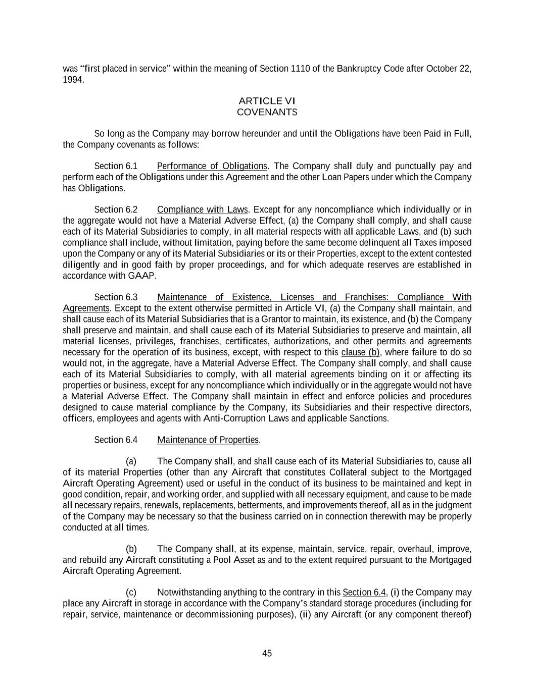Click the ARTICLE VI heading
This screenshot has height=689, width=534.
tap(267, 101)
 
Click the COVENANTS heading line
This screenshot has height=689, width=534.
tap(267, 112)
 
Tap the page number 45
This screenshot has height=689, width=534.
tap(267, 653)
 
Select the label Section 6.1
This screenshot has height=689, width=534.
tap(116, 166)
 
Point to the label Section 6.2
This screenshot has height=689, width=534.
tap(116, 209)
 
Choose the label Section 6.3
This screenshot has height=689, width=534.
tap(116, 297)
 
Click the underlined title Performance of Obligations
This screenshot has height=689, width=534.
tap(212, 166)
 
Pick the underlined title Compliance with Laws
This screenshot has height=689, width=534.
tap(203, 209)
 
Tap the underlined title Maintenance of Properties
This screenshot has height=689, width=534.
tap(208, 440)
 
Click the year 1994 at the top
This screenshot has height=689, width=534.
tap(72, 80)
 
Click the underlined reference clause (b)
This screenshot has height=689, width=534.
tap(360, 352)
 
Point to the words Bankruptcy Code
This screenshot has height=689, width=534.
tap(370, 69)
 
